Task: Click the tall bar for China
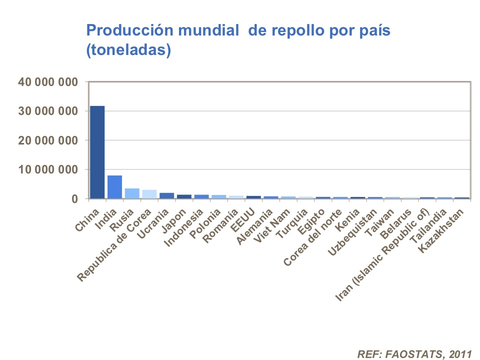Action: [97, 152]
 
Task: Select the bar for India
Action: [114, 187]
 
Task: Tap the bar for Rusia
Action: [132, 193]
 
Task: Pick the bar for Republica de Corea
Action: [149, 194]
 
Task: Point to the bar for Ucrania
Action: [166, 196]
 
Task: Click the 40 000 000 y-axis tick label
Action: [48, 82]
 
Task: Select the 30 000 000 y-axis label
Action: [48, 111]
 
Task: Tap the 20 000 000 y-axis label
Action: [48, 140]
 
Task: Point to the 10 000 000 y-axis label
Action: [48, 170]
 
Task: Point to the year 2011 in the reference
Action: [460, 354]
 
